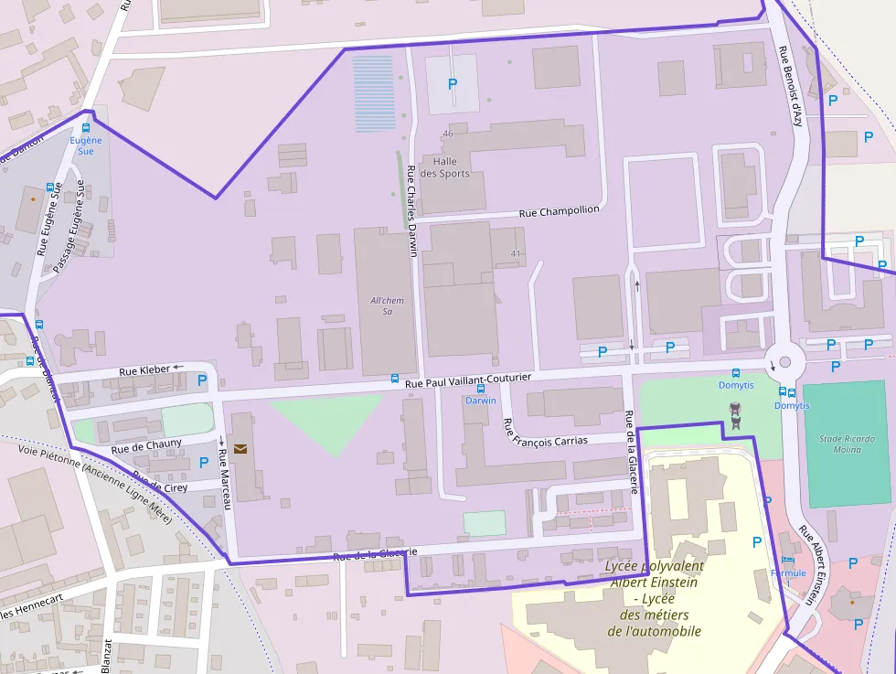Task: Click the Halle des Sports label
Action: (452, 167)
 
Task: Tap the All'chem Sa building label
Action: (387, 305)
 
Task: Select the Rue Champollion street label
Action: (559, 211)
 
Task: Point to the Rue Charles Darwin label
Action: (411, 212)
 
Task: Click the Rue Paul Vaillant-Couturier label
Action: (480, 381)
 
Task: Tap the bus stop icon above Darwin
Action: (481, 389)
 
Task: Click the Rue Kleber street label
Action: (144, 370)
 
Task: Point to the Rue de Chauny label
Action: (146, 446)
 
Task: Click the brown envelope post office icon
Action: (240, 448)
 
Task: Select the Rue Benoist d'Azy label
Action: (790, 86)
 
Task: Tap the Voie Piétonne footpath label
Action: (95, 480)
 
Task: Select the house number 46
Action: (447, 134)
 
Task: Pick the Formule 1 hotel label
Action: (787, 577)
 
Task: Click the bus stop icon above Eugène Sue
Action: (87, 129)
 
